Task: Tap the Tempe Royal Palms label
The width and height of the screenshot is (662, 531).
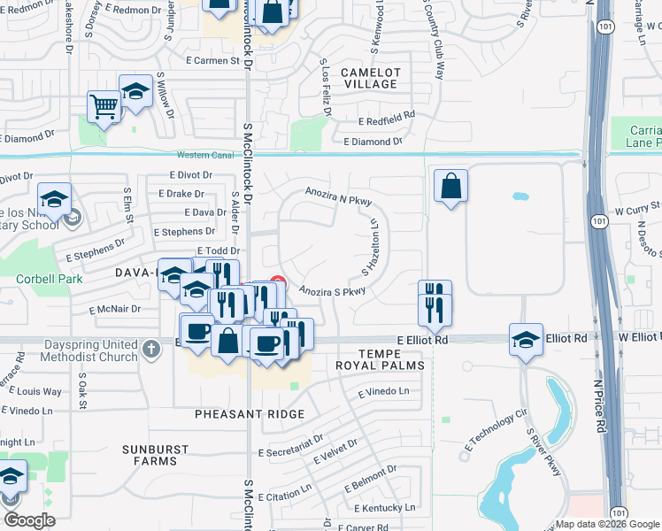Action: (379, 358)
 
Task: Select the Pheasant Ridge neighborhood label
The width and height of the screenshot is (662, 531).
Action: (251, 414)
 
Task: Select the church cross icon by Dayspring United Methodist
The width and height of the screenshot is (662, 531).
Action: (150, 348)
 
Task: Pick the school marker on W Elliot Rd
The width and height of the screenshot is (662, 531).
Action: (526, 339)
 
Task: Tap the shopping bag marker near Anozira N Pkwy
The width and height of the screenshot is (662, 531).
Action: (450, 186)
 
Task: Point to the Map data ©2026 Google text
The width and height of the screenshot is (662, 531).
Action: (607, 524)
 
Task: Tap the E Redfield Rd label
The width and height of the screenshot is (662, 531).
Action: (386, 118)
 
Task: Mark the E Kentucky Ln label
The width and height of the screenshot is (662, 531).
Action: (384, 508)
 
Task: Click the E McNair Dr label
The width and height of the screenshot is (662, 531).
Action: (115, 310)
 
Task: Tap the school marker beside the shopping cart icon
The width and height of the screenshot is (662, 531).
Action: (136, 91)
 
